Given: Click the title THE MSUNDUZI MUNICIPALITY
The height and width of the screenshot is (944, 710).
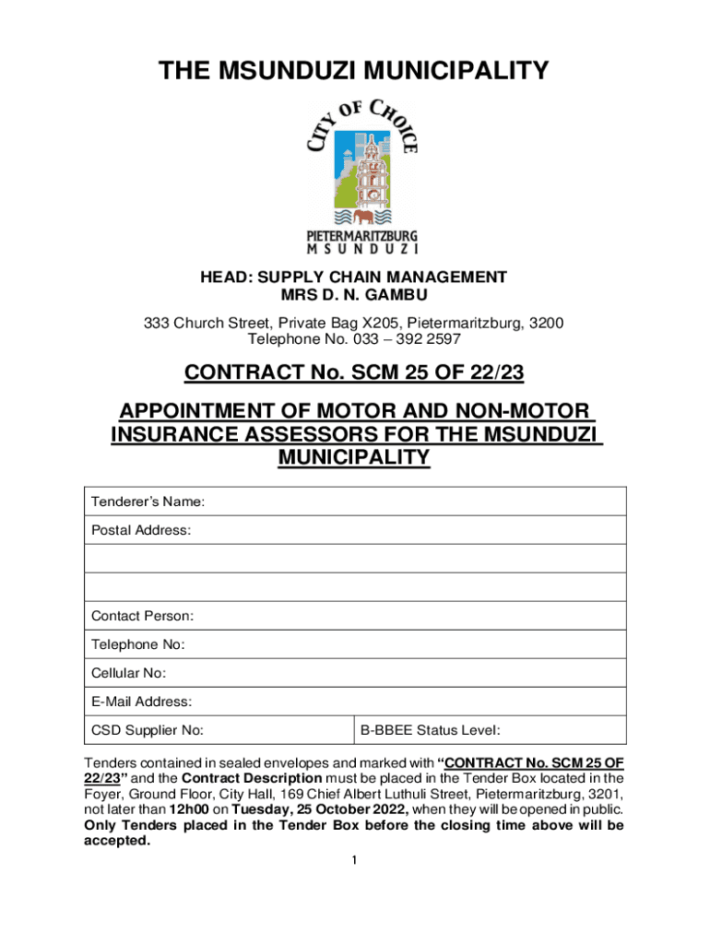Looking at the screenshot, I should click(x=354, y=71).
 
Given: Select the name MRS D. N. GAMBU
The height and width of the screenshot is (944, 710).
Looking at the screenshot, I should click(x=354, y=295).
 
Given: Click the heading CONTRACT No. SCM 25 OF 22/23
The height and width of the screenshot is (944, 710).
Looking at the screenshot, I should click(x=354, y=372).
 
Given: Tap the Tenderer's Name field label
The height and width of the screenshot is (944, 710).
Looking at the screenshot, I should click(x=148, y=501).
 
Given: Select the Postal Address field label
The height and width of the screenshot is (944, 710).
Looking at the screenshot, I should click(x=141, y=530).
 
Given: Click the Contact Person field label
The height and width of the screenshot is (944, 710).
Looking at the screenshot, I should click(x=143, y=616).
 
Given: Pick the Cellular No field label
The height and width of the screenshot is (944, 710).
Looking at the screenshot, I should click(x=129, y=673).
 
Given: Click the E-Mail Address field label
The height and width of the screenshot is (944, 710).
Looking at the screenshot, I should click(x=142, y=702).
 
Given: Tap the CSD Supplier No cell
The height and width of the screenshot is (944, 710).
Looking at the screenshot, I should click(x=148, y=731).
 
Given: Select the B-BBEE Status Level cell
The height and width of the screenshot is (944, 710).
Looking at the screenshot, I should click(x=431, y=731).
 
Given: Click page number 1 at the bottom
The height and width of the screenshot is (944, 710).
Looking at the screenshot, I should click(x=354, y=860).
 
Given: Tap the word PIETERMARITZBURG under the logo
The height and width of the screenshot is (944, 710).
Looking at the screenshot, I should click(x=361, y=237).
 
